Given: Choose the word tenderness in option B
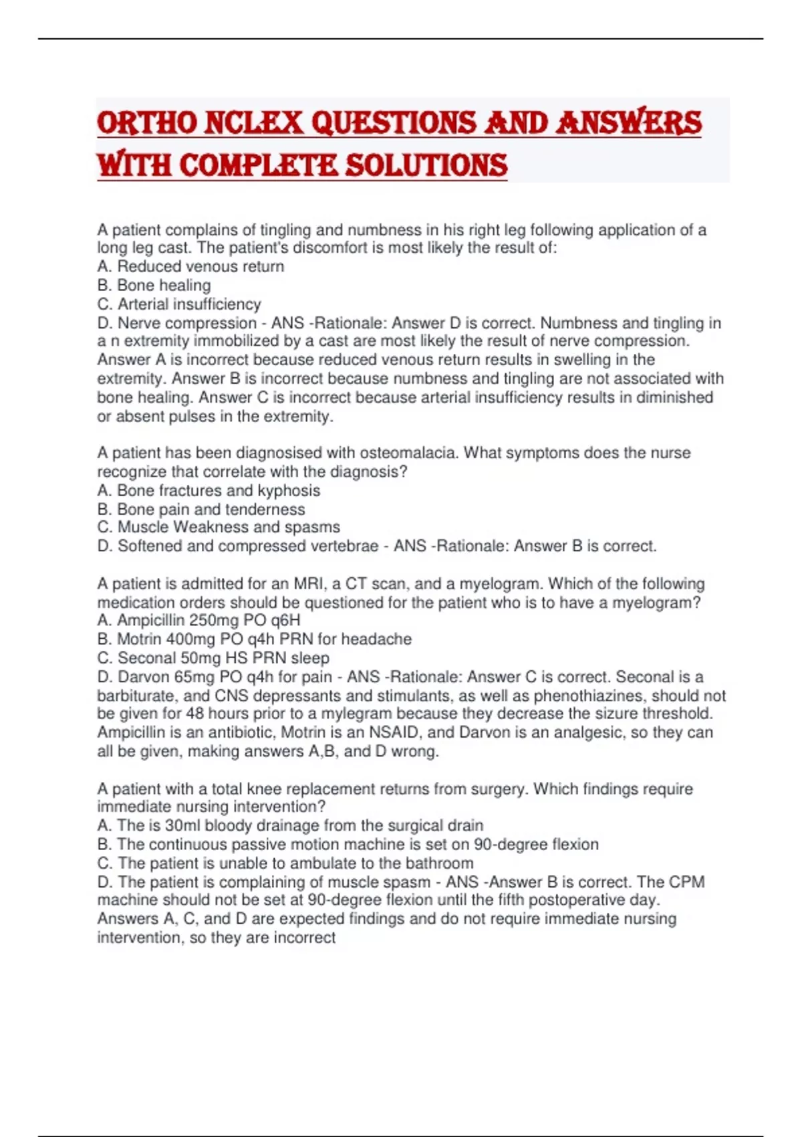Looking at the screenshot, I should [x=265, y=509].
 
